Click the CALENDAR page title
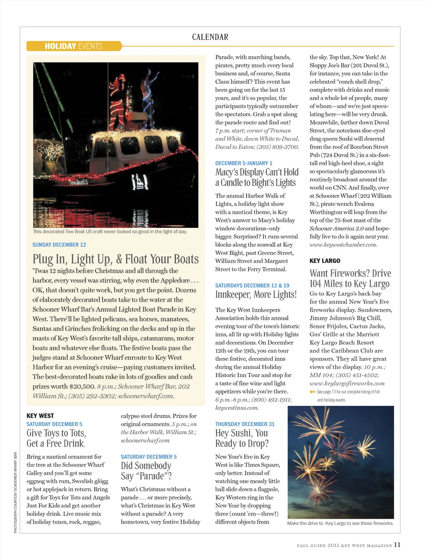[210, 37]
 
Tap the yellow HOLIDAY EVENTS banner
[74, 46]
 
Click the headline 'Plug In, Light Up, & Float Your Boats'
[116, 259]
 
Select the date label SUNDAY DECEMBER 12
[59, 245]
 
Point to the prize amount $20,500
[82, 386]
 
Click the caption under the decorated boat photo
[110, 232]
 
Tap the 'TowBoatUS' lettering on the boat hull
[78, 182]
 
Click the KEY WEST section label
[40, 416]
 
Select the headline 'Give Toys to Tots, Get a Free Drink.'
[56, 438]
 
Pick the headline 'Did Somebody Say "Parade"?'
[146, 471]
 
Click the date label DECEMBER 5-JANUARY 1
[244, 163]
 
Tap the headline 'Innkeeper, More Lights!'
[256, 295]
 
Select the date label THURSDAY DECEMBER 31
[245, 424]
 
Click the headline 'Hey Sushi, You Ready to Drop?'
[242, 438]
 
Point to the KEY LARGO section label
[325, 261]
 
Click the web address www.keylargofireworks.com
[347, 383]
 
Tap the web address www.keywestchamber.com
[343, 245]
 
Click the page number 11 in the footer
[397, 545]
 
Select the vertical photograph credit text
[15, 492]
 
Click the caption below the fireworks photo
[340, 523]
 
